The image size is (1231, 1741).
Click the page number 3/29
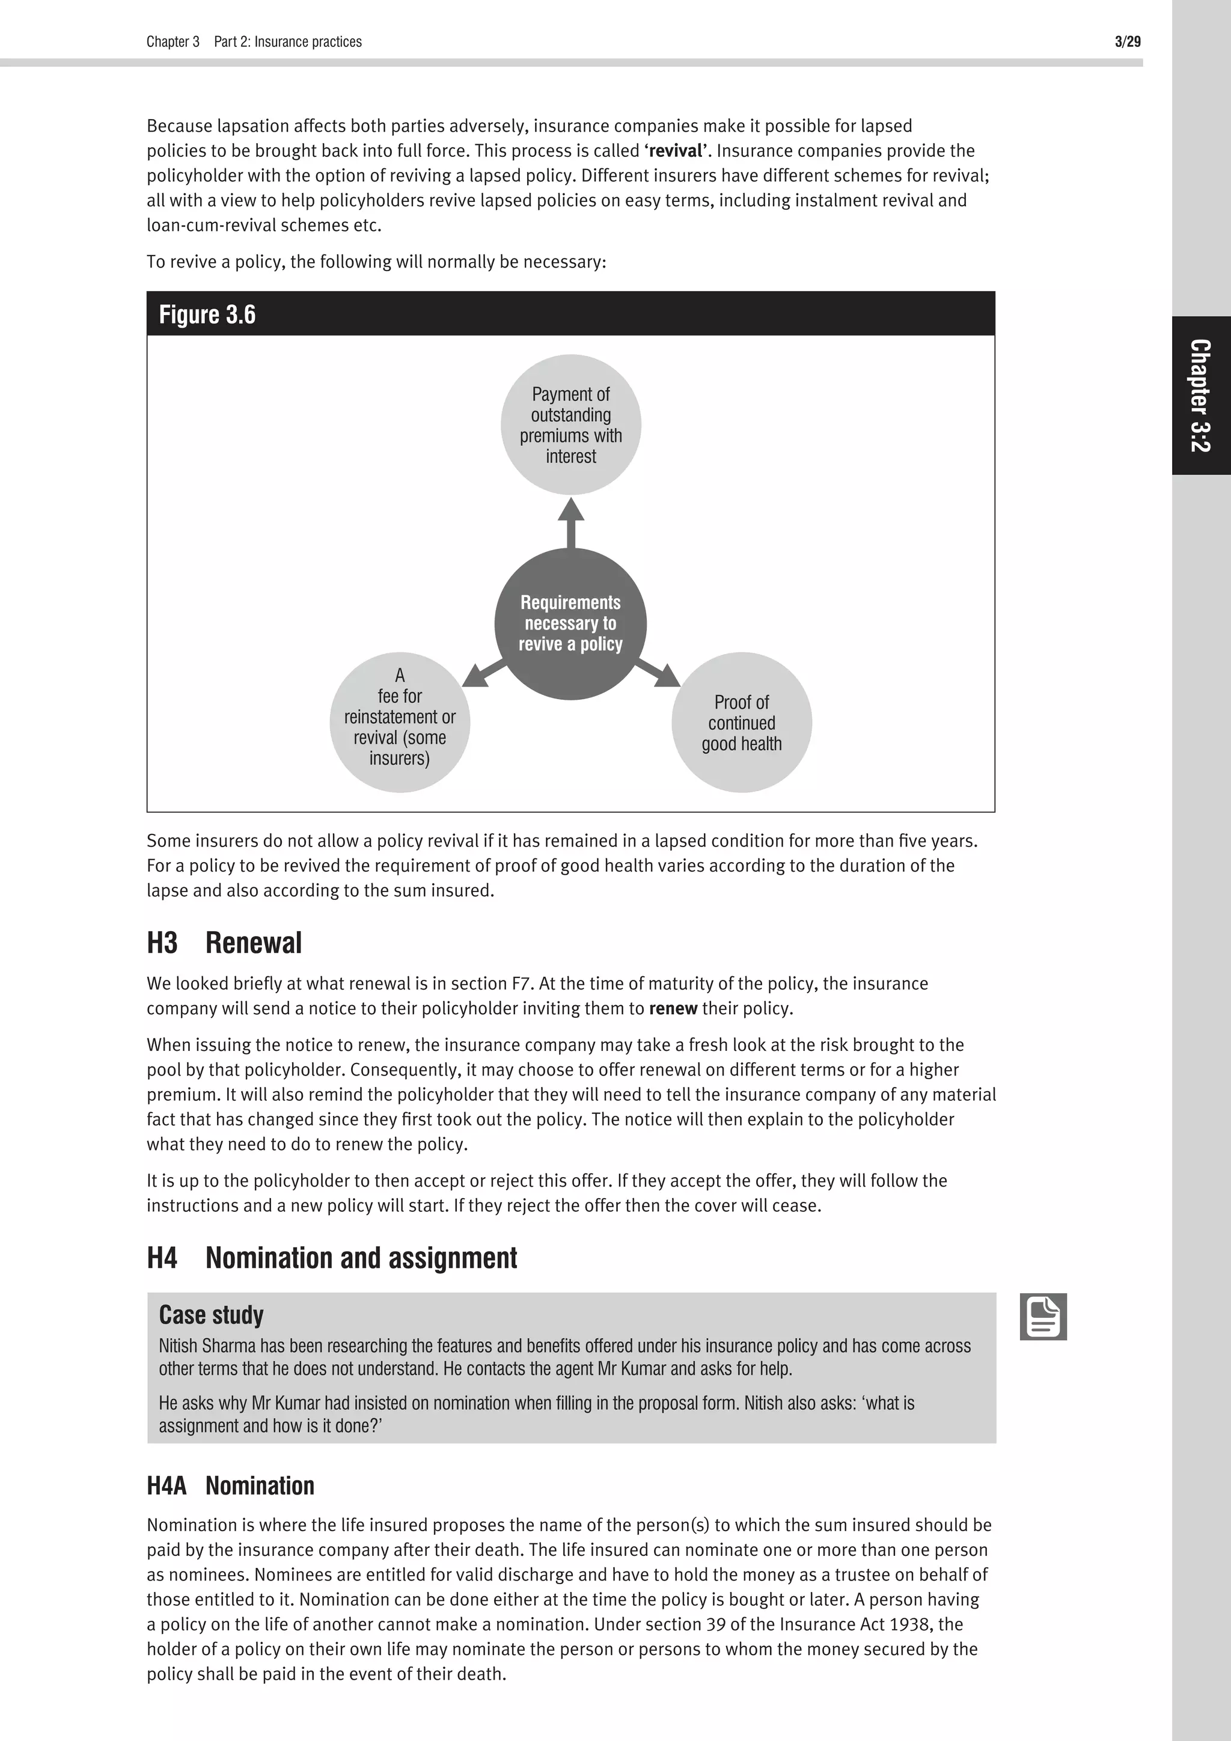pos(1127,41)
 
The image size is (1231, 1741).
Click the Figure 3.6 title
pos(207,314)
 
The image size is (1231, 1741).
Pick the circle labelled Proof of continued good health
pos(741,722)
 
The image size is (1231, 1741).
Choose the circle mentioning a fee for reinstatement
pos(400,722)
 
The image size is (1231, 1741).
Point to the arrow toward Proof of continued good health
pos(658,673)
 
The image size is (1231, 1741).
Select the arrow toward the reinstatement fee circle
pos(484,673)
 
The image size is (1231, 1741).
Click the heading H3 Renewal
pos(224,943)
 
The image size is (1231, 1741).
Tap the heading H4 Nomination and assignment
pos(332,1257)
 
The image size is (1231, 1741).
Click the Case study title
pos(211,1314)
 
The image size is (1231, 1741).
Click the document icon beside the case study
pos(1043,1317)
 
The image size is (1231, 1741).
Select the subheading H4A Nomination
pos(230,1485)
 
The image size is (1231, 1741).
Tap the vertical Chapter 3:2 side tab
pos(1201,395)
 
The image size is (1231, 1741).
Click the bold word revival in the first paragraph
pos(674,150)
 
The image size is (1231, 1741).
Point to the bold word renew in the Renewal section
pos(673,1009)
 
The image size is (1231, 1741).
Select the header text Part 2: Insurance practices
pos(287,41)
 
